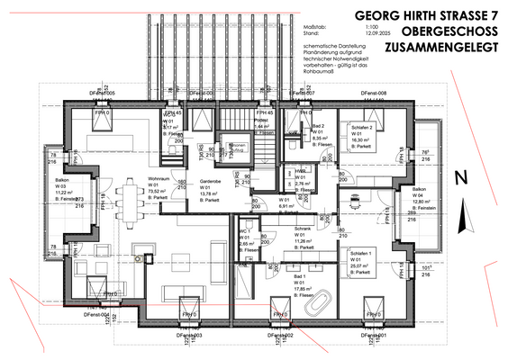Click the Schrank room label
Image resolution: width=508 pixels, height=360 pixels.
(302, 229)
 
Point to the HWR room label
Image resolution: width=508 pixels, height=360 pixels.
(302, 171)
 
